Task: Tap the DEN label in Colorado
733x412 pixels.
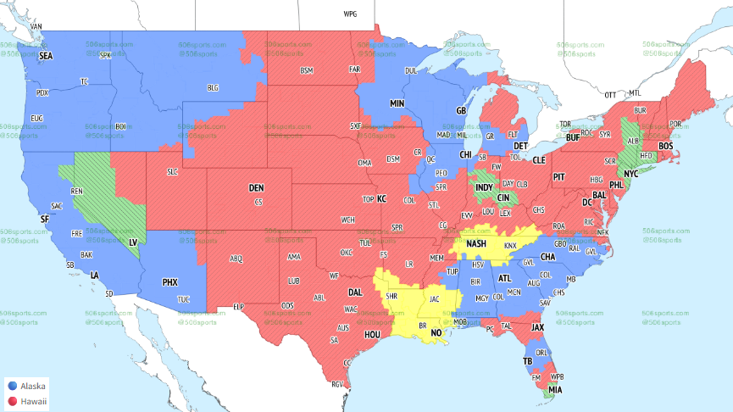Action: coord(257,187)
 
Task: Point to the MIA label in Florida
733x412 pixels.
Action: coord(553,389)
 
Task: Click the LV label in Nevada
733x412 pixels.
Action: coord(132,242)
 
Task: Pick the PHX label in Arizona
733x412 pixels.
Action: coord(170,281)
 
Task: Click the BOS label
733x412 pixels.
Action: coord(665,146)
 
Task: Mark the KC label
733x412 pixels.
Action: coord(381,198)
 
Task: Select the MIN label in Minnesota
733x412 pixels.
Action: coord(397,103)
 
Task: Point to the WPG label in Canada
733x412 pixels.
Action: coord(350,14)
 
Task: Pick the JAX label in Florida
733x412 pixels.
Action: coord(537,326)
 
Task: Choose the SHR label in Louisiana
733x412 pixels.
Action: coord(391,297)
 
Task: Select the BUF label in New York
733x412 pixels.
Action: coord(573,137)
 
